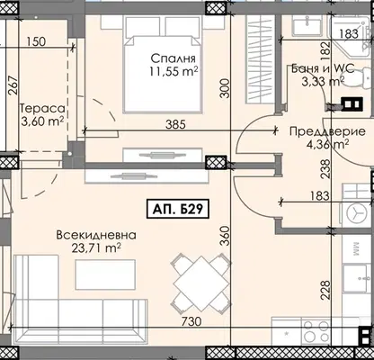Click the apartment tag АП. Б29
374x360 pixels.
tap(177, 209)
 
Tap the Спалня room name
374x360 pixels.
tap(173, 58)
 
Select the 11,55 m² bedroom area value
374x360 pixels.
tap(174, 71)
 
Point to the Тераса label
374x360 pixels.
tap(42, 108)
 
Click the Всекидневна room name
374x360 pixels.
tap(96, 235)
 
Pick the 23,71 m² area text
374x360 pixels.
tap(96, 248)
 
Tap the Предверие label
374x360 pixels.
tap(328, 131)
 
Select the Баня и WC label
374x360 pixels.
tap(323, 68)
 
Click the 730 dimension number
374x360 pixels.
tap(191, 321)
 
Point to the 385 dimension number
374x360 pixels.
tap(175, 124)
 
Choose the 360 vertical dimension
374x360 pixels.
tap(226, 236)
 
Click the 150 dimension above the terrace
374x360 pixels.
tap(36, 41)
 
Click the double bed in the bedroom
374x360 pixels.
tap(163, 65)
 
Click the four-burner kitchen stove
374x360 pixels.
tap(316, 331)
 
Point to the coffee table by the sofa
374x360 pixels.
tap(105, 274)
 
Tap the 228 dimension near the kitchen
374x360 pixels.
tap(325, 290)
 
